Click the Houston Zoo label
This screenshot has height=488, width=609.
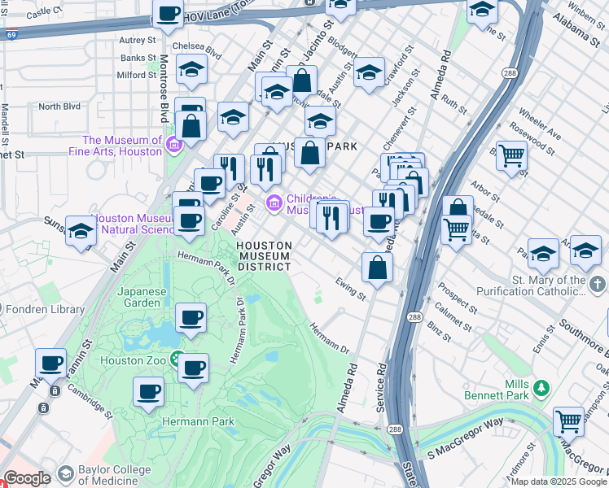point(134,359)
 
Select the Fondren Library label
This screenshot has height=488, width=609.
point(44,309)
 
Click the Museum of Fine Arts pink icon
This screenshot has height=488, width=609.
point(173,146)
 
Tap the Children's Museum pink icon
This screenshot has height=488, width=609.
point(274,201)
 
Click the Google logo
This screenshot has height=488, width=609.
point(26,478)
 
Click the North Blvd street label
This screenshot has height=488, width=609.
point(59,107)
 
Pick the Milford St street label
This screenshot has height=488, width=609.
point(136,75)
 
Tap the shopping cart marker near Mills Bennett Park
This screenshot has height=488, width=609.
point(567,422)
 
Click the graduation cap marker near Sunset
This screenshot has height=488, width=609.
point(81,232)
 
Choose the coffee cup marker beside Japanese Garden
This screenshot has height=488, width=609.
point(191,317)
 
